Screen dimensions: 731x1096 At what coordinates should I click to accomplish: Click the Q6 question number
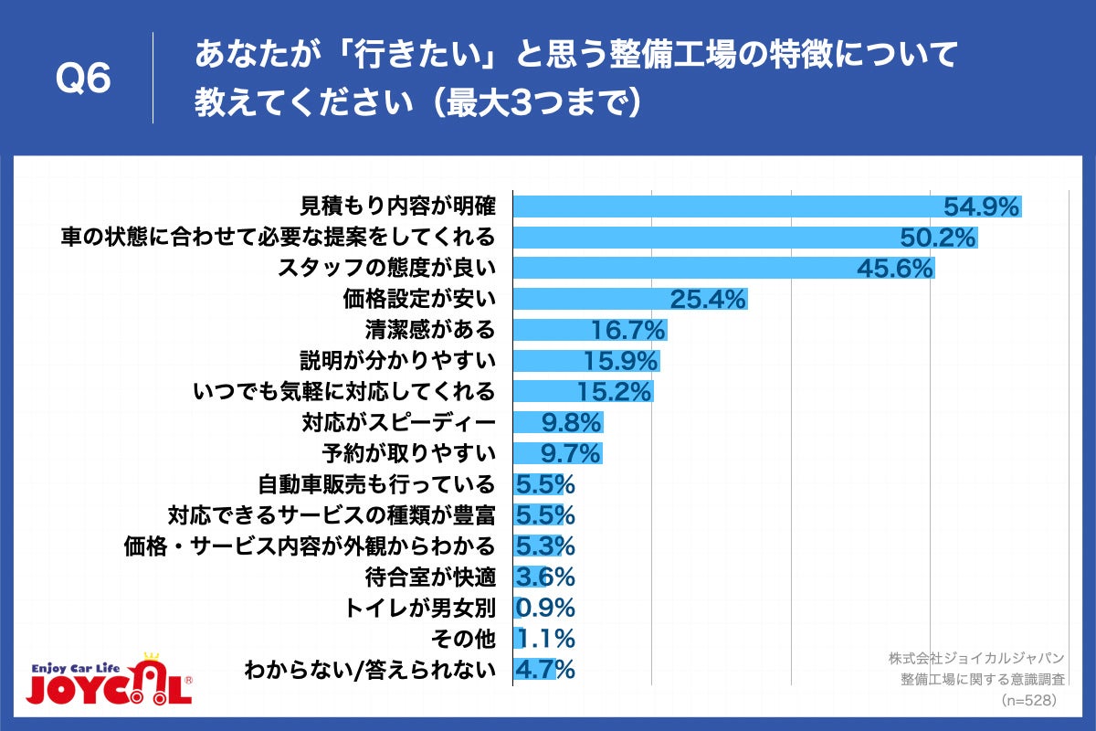tap(83, 79)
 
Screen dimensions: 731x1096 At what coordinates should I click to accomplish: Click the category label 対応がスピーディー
tap(398, 423)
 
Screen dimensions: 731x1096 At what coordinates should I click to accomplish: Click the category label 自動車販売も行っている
tap(376, 484)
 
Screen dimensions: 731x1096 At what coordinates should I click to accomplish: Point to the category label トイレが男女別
tap(420, 608)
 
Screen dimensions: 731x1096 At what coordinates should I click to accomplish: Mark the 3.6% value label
tap(545, 577)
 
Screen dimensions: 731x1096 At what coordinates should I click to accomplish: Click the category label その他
tap(474, 639)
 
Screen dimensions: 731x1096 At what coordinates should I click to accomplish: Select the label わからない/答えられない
tap(370, 670)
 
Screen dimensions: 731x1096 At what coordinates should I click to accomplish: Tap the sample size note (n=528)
tap(1028, 700)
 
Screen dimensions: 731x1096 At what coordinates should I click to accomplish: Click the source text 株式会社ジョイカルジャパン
tap(978, 658)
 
